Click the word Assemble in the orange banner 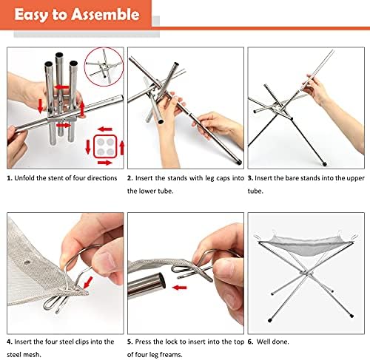point(105,14)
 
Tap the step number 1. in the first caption point(10,178)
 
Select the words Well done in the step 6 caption point(272,342)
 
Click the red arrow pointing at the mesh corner point(88,282)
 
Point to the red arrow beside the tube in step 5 point(179,288)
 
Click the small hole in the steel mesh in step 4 point(27,262)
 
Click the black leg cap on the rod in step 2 point(238,163)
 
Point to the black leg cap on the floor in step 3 point(324,163)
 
